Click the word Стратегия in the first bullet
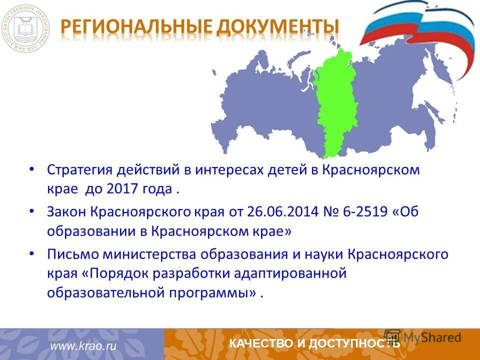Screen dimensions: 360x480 coord(80,170)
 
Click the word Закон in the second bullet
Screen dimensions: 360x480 coord(67,212)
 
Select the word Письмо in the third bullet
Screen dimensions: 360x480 coord(73,254)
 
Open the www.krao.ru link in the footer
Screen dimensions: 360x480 coord(82,345)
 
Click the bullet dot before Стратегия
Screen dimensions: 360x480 coord(32,169)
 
